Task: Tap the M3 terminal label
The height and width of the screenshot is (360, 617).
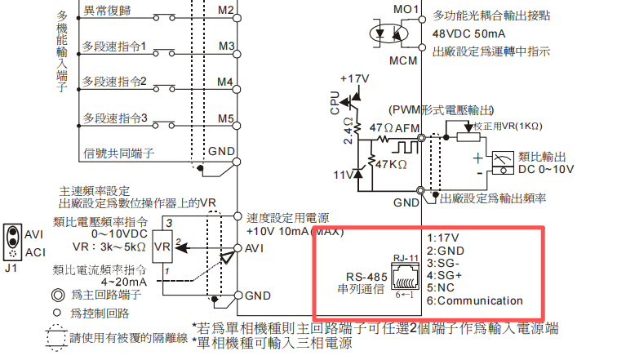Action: pyautogui.click(x=226, y=46)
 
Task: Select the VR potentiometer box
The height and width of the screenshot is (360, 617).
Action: pyautogui.click(x=162, y=247)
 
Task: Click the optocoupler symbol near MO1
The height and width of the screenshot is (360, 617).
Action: pyautogui.click(x=388, y=33)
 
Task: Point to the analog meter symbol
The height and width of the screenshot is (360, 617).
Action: pyautogui.click(x=503, y=163)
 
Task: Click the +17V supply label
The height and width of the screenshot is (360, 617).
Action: pyautogui.click(x=354, y=78)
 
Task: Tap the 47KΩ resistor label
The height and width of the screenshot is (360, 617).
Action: pyautogui.click(x=391, y=164)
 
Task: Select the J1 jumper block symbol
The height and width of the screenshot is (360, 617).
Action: pyautogui.click(x=12, y=242)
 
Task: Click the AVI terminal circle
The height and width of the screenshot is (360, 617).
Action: pyautogui.click(x=237, y=248)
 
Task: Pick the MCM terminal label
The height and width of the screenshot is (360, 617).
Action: pyautogui.click(x=403, y=60)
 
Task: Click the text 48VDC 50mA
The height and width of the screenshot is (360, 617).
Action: pyautogui.click(x=468, y=33)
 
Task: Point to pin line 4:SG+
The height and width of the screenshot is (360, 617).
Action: pyautogui.click(x=444, y=275)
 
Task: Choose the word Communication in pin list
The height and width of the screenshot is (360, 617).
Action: pyautogui.click(x=480, y=300)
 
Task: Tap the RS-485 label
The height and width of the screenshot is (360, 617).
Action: pyautogui.click(x=366, y=277)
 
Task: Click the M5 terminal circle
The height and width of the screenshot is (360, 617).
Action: pyautogui.click(x=237, y=126)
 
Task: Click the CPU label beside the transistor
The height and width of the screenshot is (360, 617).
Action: pyautogui.click(x=335, y=103)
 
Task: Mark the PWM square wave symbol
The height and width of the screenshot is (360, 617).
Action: pyautogui.click(x=404, y=147)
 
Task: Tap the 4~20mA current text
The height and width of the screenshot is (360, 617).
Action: pyautogui.click(x=124, y=282)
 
